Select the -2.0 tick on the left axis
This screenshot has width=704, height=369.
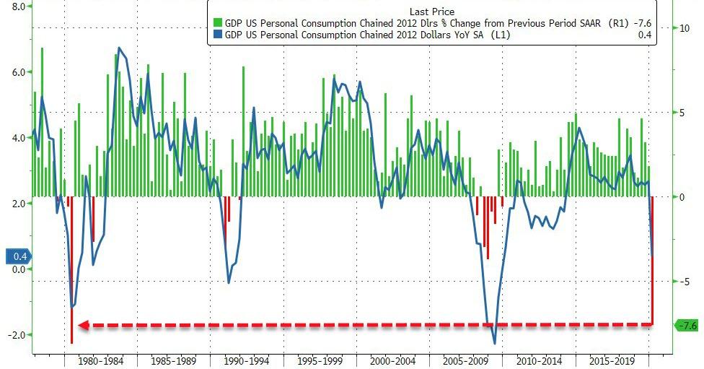17,335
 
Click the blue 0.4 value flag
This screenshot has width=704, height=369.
19,256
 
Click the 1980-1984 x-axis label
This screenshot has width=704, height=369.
100,360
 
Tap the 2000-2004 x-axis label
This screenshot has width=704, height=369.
394,360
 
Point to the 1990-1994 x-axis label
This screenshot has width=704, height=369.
247,360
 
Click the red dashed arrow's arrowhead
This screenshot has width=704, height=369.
83,326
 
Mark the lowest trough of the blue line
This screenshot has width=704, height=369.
495,344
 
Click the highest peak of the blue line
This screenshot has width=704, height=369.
119,48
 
